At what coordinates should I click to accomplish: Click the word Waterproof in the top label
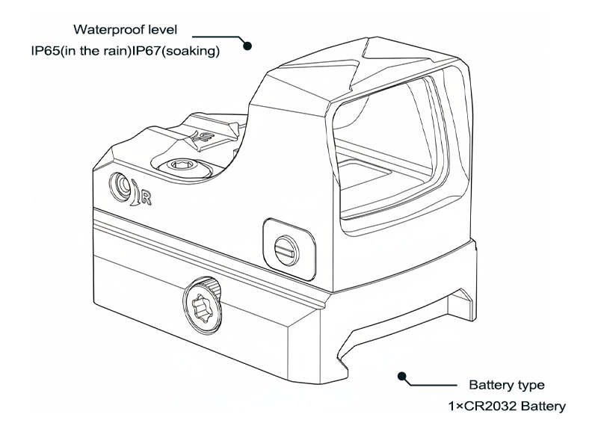[x=104, y=31]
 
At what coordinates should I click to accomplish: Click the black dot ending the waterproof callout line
[x=250, y=46]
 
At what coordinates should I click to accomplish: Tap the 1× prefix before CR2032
[x=457, y=407]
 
